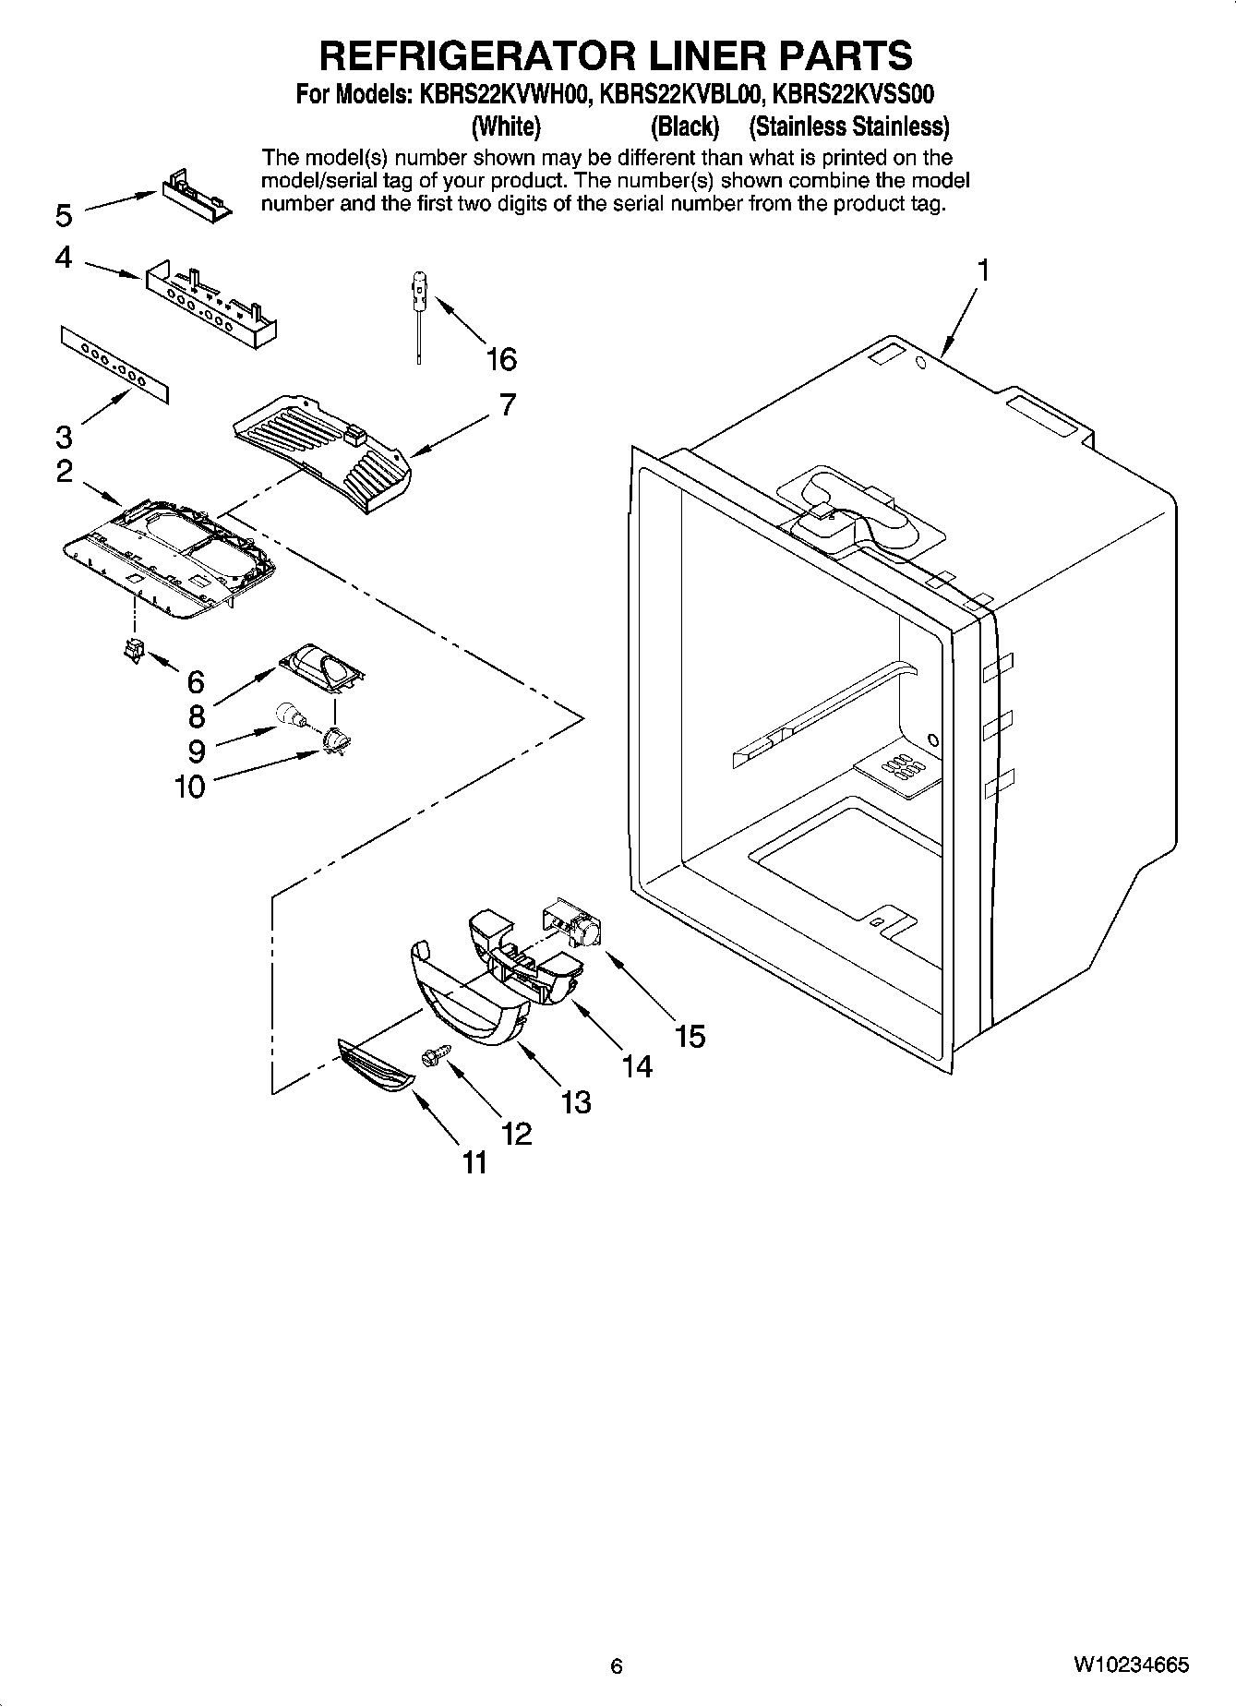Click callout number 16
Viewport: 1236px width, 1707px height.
click(501, 359)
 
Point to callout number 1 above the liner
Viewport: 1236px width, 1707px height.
click(983, 270)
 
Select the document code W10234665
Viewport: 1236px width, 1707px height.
click(1130, 1665)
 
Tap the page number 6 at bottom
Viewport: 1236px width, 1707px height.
click(617, 1666)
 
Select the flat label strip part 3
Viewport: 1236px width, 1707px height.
click(116, 364)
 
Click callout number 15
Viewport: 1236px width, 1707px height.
click(690, 1036)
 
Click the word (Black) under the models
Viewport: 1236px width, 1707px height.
click(684, 126)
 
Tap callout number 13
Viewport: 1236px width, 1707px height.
click(575, 1101)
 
